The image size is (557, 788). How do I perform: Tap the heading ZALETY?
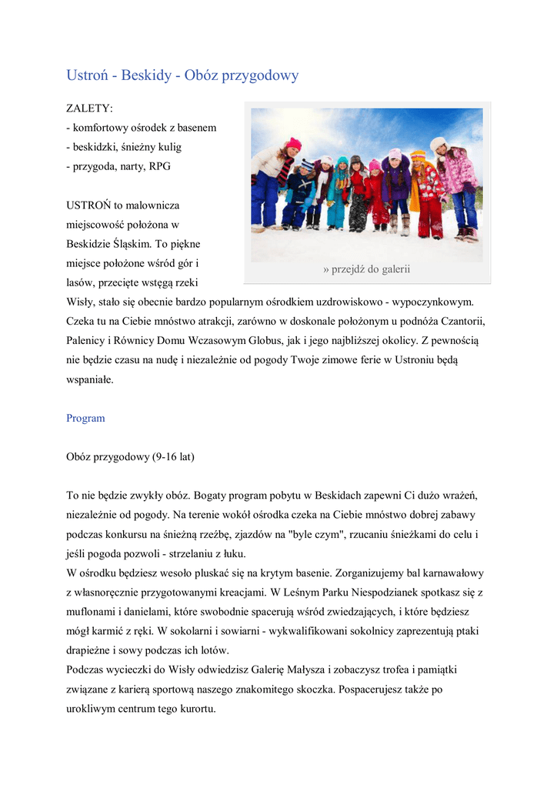(89, 108)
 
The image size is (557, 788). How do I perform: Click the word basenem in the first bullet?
(197, 127)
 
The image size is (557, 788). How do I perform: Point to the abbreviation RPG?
(160, 166)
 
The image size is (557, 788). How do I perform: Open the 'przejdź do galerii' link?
(367, 269)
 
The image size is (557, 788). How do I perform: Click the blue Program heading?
(85, 418)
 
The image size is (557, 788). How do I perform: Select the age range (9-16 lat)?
(173, 456)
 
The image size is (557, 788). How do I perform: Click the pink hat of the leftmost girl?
(294, 144)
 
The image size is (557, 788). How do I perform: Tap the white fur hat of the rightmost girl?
(439, 143)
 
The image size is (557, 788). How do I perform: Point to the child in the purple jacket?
(397, 185)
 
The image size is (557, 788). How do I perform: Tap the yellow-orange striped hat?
(418, 156)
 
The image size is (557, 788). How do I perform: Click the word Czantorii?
(462, 320)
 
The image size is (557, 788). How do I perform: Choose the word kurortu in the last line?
(195, 709)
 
